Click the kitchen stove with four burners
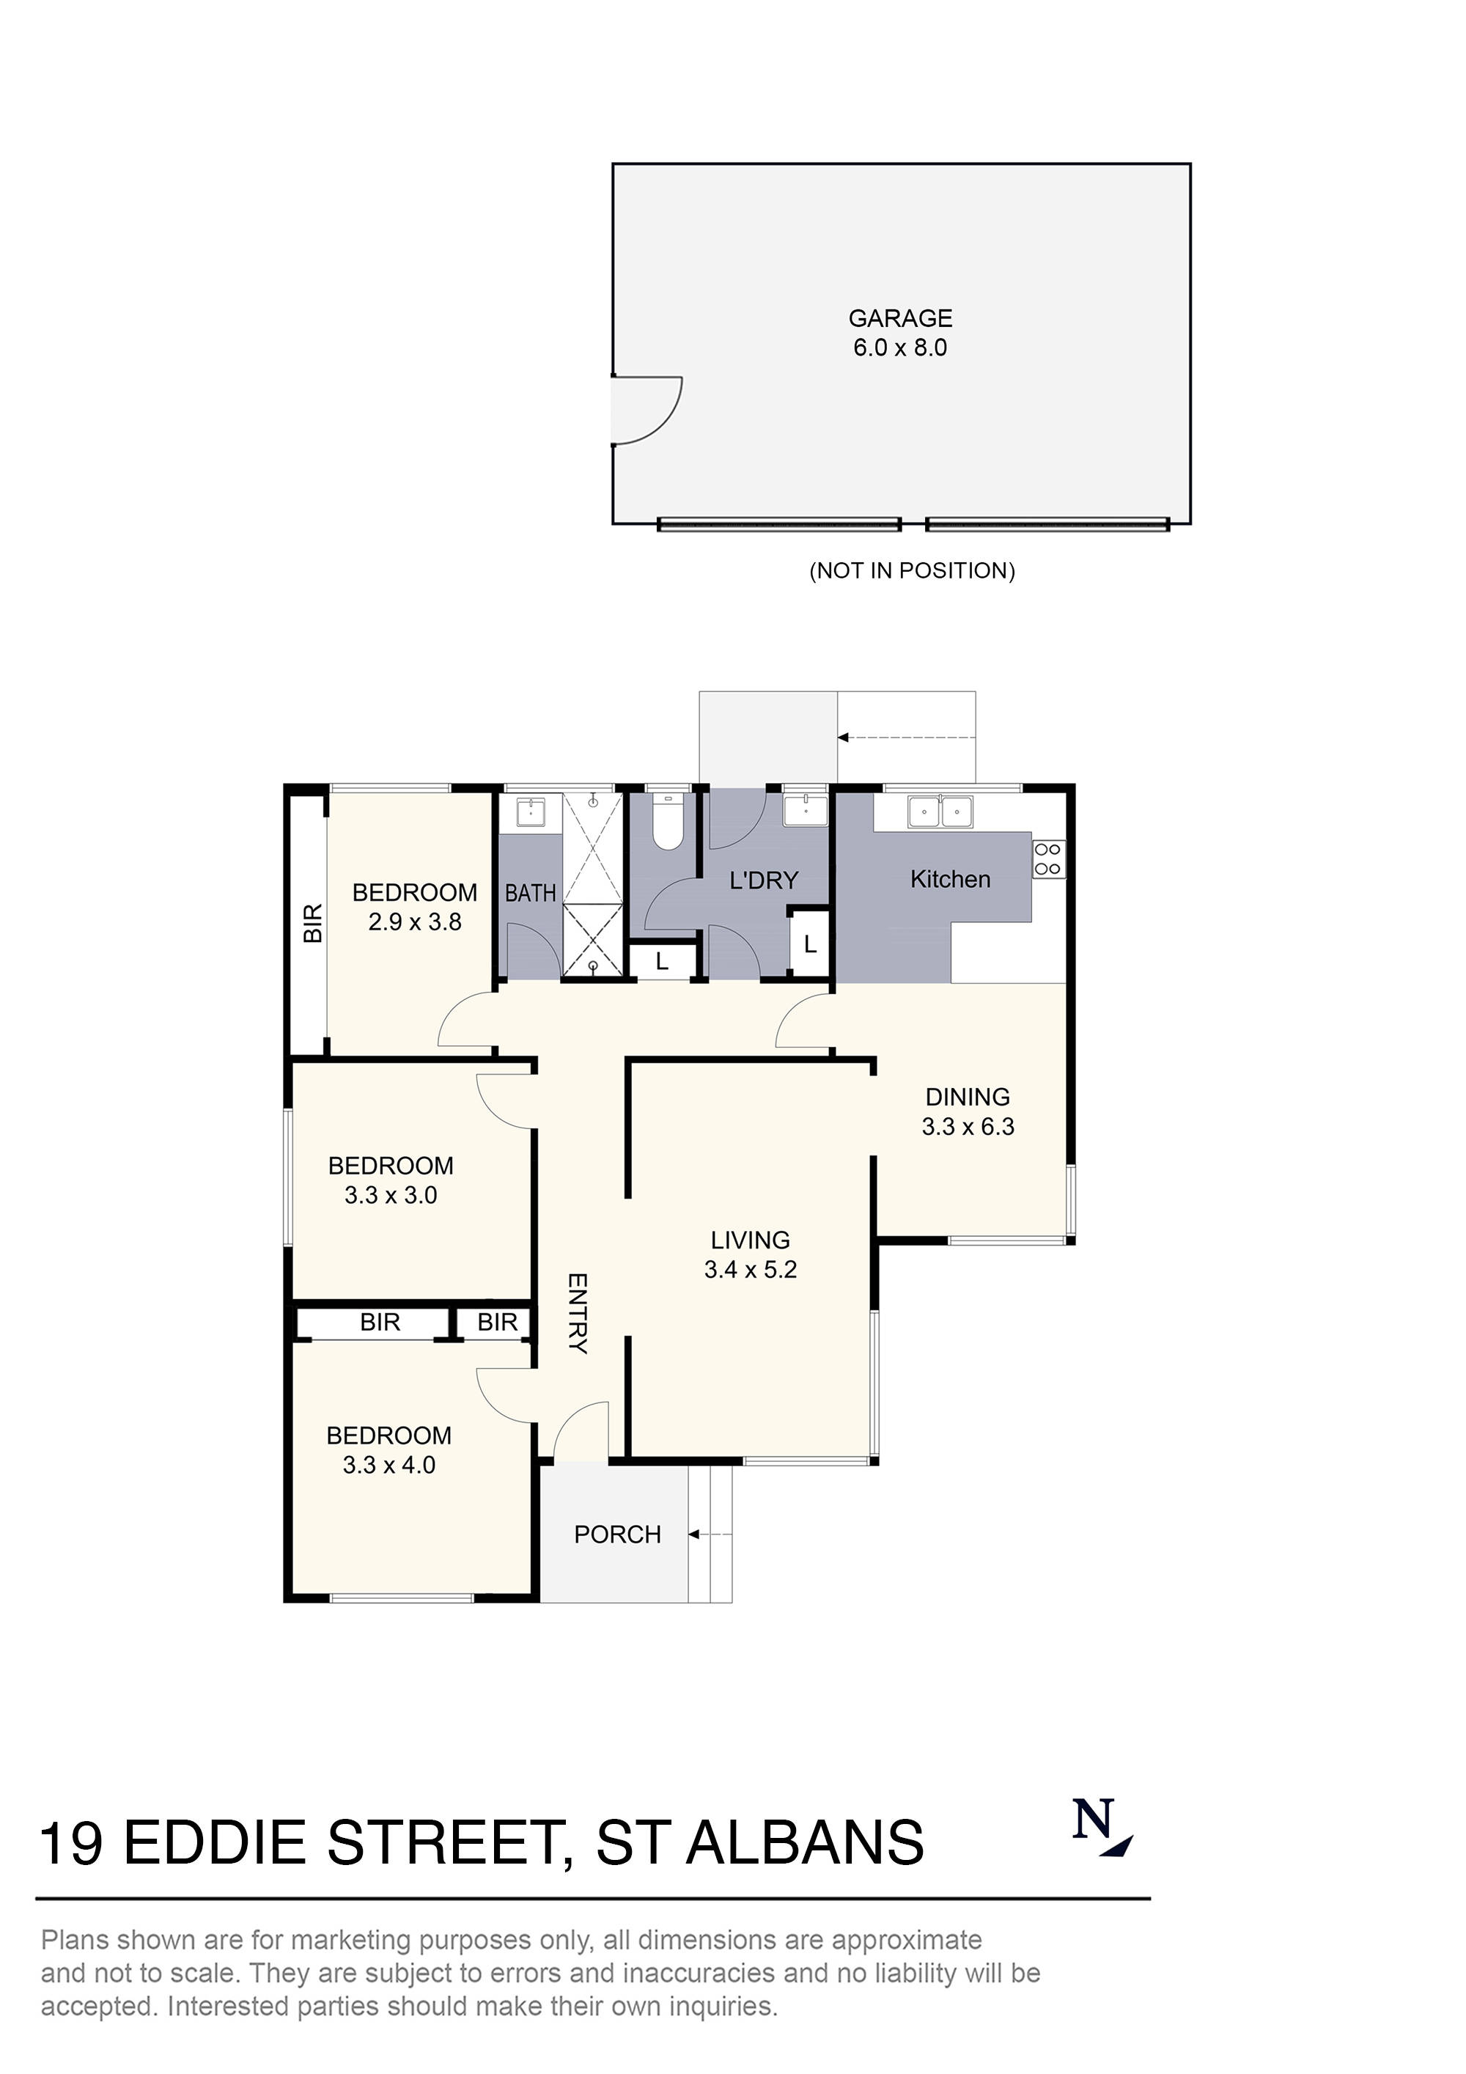(1049, 858)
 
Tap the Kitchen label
(949, 879)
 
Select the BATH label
(530, 894)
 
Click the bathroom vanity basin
(530, 812)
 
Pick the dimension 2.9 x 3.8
(415, 922)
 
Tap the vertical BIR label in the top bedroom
(312, 923)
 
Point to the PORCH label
(617, 1534)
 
